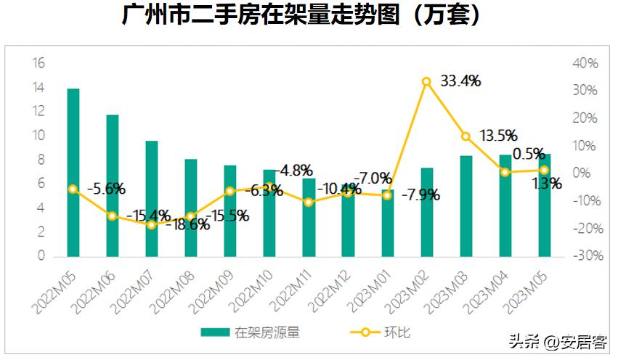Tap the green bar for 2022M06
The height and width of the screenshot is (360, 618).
[112, 185]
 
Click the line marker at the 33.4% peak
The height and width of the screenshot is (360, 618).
[426, 81]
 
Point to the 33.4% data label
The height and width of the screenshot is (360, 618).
[460, 81]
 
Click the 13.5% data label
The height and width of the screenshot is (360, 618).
[497, 135]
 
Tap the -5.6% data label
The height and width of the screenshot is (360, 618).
[106, 189]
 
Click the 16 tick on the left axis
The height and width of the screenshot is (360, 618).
[38, 64]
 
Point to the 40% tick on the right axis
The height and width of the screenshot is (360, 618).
[585, 64]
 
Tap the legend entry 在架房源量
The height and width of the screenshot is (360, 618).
[251, 333]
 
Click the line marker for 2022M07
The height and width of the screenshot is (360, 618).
[151, 225]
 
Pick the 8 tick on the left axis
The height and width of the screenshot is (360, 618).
[41, 160]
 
